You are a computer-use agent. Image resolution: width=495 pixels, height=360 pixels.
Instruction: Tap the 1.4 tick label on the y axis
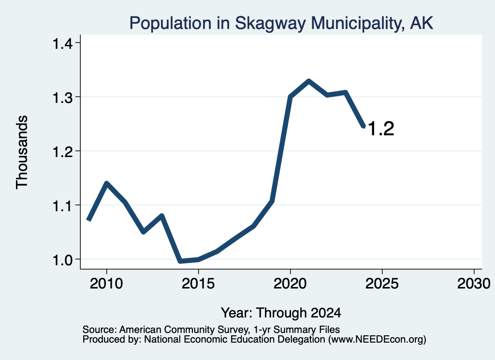pos(62,43)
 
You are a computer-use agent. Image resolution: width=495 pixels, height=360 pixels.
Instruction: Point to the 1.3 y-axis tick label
pos(62,98)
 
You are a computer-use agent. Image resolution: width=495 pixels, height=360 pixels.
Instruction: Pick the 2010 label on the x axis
pos(106,283)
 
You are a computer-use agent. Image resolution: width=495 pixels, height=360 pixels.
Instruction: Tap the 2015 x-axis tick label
pos(198,283)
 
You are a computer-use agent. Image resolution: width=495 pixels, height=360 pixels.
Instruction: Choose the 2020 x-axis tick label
pos(290,283)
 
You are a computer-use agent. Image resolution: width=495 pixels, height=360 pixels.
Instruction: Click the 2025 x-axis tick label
pos(382,283)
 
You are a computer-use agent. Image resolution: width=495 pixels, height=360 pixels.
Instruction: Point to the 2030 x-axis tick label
pos(474,283)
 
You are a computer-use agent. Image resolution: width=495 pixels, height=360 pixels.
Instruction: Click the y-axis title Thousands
pos(22,152)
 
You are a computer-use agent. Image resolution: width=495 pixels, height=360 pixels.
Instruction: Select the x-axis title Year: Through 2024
pos(281,313)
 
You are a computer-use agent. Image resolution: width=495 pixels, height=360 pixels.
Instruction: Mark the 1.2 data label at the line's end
pos(381,129)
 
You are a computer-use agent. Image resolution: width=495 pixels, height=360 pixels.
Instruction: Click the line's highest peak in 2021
pos(308,81)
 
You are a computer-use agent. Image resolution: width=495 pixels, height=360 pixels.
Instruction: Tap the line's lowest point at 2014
pos(180,261)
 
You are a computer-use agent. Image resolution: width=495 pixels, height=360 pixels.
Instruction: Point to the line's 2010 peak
pos(107,183)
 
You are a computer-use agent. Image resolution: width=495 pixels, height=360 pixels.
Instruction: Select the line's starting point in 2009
pos(89,219)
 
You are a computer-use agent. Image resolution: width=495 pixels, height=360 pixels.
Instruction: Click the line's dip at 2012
pos(143,232)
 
